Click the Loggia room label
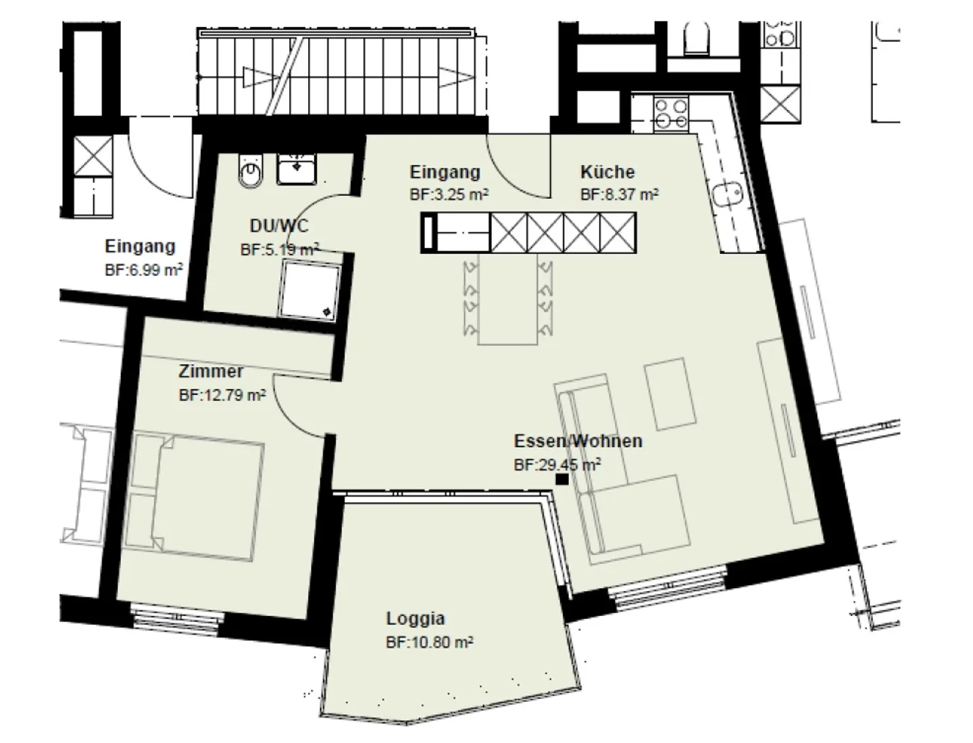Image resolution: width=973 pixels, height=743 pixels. click(x=416, y=618)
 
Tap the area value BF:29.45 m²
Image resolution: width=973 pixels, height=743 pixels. click(x=557, y=465)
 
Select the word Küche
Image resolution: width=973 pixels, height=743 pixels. click(x=607, y=172)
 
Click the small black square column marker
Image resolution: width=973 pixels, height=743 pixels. click(x=562, y=480)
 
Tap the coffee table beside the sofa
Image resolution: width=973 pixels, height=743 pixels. click(x=670, y=394)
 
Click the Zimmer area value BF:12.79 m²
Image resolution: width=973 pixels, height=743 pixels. click(x=222, y=395)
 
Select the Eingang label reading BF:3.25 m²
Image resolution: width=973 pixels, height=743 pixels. click(x=449, y=195)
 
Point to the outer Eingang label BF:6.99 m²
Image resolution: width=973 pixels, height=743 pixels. click(x=144, y=270)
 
